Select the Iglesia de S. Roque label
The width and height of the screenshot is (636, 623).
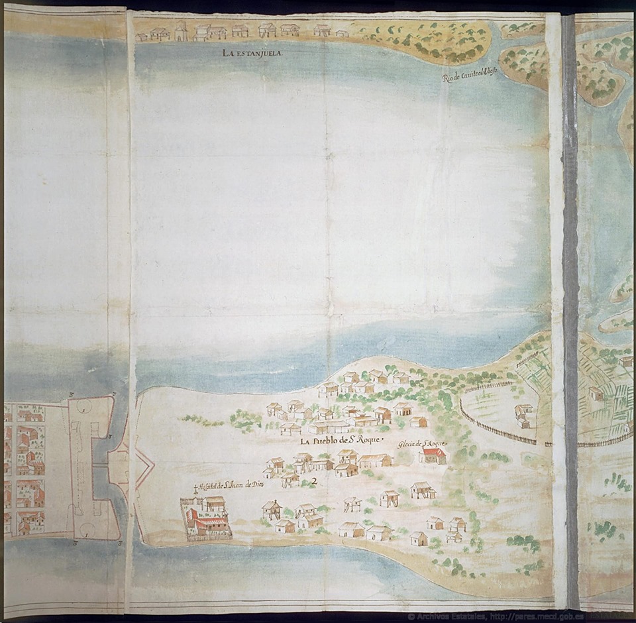[x=424, y=443]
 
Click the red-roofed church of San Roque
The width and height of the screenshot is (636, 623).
[x=433, y=456]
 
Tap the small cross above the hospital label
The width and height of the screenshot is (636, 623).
[x=196, y=490]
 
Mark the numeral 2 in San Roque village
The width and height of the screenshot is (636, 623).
[x=314, y=482]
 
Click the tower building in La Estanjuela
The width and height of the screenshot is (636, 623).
[x=180, y=30]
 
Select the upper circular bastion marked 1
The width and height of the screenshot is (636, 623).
[x=85, y=408]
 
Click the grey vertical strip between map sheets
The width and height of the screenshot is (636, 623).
[x=569, y=298]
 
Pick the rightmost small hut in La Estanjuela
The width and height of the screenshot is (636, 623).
[x=342, y=32]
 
